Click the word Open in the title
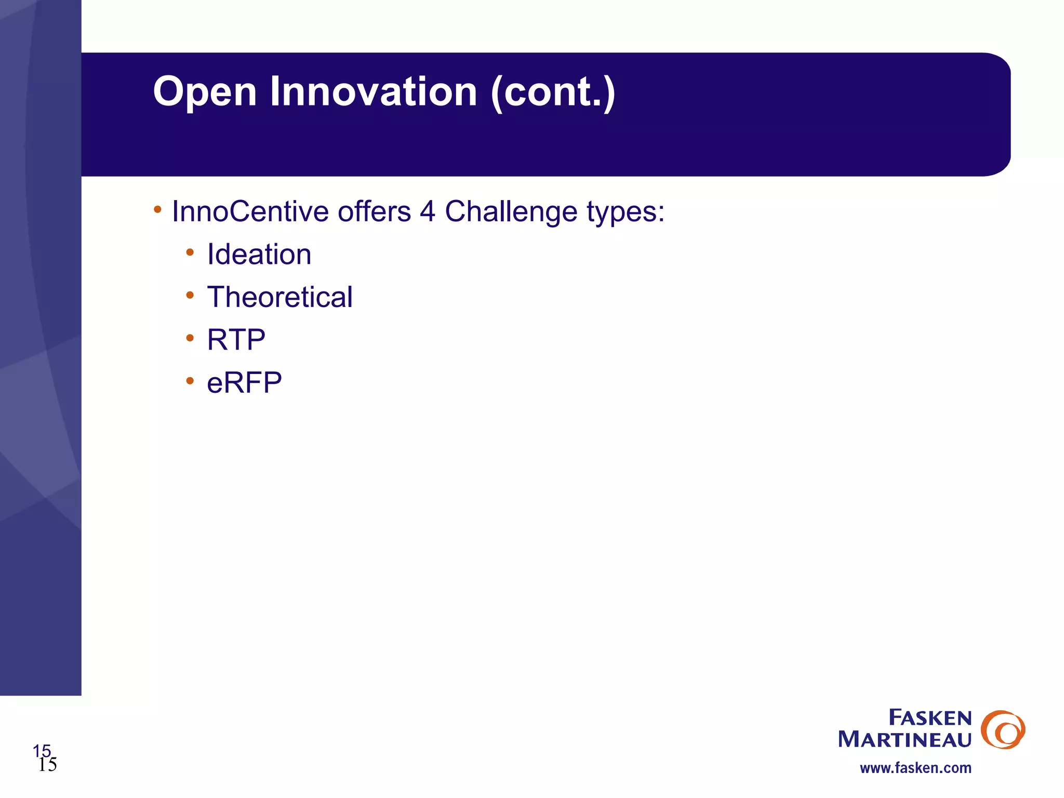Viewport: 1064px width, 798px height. click(x=205, y=92)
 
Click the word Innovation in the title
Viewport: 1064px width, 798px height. click(x=373, y=91)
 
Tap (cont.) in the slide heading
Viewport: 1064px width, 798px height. click(x=553, y=91)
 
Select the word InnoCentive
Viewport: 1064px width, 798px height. click(x=250, y=212)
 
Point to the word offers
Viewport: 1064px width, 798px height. click(x=374, y=212)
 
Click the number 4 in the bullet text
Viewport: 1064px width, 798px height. click(x=428, y=212)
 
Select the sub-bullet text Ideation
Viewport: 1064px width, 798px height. click(x=259, y=255)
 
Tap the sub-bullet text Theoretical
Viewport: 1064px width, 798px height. click(x=280, y=297)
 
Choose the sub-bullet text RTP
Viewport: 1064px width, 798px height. click(x=236, y=340)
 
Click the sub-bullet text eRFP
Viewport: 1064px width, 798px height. click(x=244, y=383)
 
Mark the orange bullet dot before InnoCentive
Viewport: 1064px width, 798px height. click(x=157, y=209)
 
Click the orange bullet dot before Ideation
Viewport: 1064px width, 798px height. click(x=190, y=252)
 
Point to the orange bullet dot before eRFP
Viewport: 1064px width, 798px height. click(x=190, y=381)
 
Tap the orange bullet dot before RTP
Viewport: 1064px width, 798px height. click(x=190, y=338)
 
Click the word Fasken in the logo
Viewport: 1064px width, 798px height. click(x=930, y=718)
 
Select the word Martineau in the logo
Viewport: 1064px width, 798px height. click(x=905, y=739)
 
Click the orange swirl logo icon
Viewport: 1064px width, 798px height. click(x=1002, y=729)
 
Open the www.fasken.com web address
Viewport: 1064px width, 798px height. click(x=915, y=768)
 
